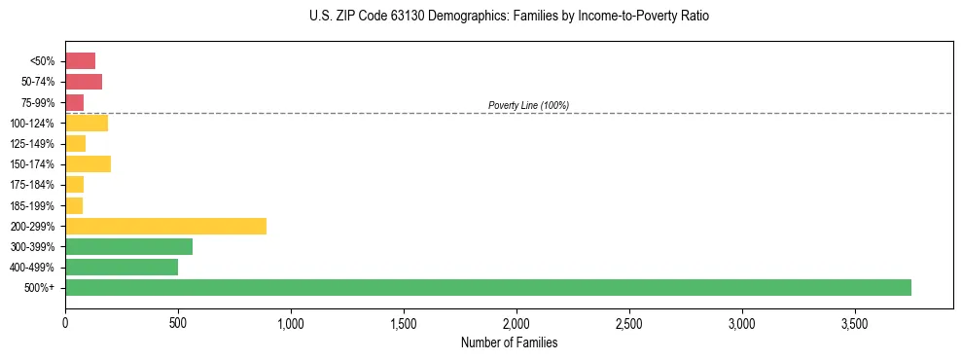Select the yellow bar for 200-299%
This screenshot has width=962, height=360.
pos(165,226)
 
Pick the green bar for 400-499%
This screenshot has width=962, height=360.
pos(122,267)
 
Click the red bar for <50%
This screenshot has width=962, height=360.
pos(80,61)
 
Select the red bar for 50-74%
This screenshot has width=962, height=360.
pos(84,82)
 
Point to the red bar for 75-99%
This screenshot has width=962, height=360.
pos(74,102)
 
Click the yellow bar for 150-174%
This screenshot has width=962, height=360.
pos(88,163)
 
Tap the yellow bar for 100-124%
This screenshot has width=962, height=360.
pos(87,123)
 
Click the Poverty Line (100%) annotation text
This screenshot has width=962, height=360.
pos(528,105)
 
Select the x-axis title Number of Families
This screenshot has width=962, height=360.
pos(509,342)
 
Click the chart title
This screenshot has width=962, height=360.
pos(509,17)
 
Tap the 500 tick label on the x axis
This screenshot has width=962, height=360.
pos(178,322)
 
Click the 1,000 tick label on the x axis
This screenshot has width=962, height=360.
pos(291,322)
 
